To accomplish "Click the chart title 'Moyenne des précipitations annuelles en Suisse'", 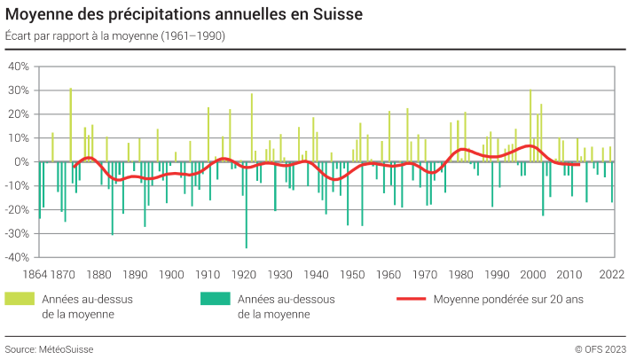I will [x=184, y=16].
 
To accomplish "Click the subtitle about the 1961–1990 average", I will [x=114, y=36].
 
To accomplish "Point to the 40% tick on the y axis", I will [x=20, y=67].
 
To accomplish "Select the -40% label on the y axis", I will [x=18, y=258].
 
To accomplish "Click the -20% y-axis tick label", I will [x=18, y=210].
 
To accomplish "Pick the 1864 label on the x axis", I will [x=36, y=274].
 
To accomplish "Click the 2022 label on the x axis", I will [x=612, y=274].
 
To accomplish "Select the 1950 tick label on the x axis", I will [x=352, y=274].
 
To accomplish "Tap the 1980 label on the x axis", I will [x=461, y=274].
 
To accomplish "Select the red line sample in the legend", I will [x=412, y=299].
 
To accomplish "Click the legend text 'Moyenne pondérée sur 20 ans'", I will [x=508, y=299].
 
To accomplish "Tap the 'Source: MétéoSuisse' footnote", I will [x=49, y=349].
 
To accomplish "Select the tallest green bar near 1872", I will [x=71, y=124].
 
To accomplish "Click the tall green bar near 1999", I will [x=530, y=125].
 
